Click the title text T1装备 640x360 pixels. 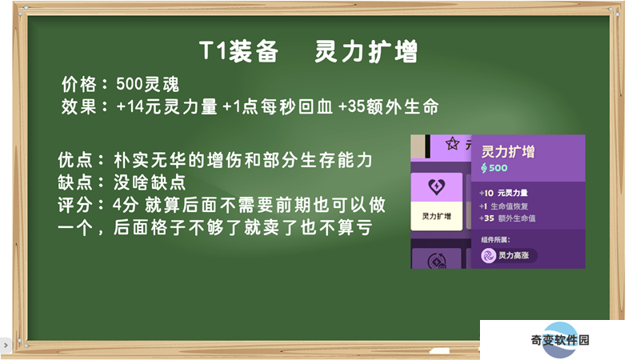(x=238, y=51)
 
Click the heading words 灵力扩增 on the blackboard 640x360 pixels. (x=366, y=51)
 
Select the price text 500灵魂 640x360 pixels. (x=147, y=85)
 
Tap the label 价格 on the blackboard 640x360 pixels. (x=78, y=85)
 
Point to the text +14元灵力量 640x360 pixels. (x=166, y=107)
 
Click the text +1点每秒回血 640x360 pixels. (x=278, y=107)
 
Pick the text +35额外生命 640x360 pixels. (x=389, y=107)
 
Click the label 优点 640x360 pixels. (x=75, y=160)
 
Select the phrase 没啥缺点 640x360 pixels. (x=150, y=182)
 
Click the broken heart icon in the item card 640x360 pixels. (x=436, y=186)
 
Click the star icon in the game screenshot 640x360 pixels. (x=452, y=144)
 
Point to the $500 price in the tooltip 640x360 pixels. (x=494, y=168)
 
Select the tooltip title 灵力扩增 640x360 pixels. (x=508, y=151)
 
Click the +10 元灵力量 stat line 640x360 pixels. (x=503, y=193)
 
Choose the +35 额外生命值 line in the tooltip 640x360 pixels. (x=507, y=218)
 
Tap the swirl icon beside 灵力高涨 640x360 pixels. (x=488, y=255)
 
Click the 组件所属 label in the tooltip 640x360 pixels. (x=495, y=239)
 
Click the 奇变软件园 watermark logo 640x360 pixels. (x=560, y=340)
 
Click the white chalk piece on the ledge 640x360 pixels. (x=439, y=350)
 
